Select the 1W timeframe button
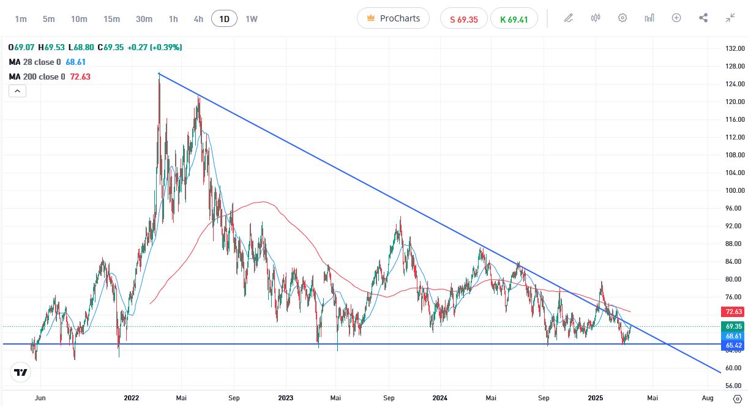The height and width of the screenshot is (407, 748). tap(252, 18)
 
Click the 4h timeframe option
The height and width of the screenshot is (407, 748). tap(198, 18)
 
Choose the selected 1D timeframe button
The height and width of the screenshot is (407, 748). tap(224, 18)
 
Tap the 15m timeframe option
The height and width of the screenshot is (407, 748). tap(111, 18)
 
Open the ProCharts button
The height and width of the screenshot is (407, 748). tap(393, 18)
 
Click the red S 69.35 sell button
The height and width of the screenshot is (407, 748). tap(463, 18)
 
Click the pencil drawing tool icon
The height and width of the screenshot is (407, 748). tap(569, 18)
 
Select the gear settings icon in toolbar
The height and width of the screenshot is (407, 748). tap(623, 18)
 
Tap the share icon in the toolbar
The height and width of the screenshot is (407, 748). tap(703, 18)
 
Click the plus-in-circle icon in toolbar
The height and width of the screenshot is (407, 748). tap(676, 18)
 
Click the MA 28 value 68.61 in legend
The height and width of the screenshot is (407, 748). tap(76, 62)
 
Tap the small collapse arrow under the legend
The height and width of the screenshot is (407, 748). tap(17, 91)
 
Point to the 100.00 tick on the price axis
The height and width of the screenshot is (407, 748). tap(734, 190)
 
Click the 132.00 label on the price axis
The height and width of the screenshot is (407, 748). tap(734, 48)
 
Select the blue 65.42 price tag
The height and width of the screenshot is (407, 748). tap(734, 345)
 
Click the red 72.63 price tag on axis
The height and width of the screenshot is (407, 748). tap(734, 312)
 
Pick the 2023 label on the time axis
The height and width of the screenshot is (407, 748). tap(285, 398)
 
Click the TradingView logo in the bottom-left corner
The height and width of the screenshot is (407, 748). tap(21, 372)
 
